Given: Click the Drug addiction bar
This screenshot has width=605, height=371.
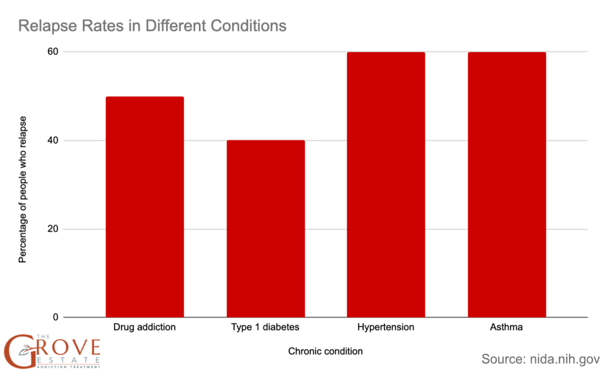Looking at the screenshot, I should [x=144, y=207].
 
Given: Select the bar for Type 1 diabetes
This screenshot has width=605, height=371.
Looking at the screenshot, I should [x=265, y=229].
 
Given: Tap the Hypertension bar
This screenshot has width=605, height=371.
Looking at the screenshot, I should [x=386, y=184].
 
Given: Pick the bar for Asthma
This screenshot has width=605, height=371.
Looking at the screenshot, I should [x=507, y=184].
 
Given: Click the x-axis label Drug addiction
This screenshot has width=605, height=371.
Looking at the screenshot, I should [x=144, y=327].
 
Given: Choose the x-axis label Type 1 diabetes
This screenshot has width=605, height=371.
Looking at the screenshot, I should [x=265, y=327].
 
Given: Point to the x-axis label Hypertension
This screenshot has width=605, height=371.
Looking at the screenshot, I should [x=386, y=327].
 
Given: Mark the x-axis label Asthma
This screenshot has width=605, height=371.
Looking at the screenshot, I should [x=507, y=327].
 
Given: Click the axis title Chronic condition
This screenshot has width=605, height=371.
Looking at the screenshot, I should [x=326, y=351].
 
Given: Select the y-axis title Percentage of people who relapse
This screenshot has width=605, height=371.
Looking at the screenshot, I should [x=22, y=184].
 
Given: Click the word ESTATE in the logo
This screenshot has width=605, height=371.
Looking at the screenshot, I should [x=65, y=359].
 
